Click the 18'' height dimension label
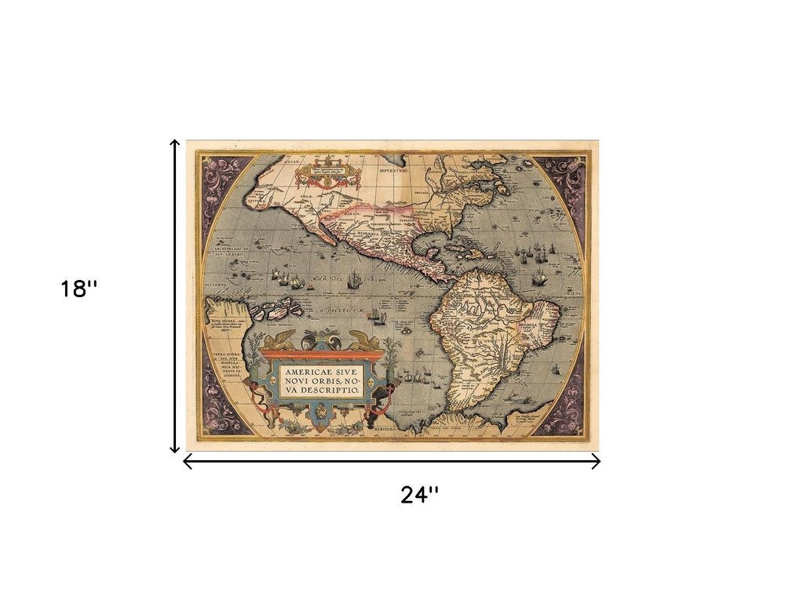79,289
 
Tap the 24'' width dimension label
419,495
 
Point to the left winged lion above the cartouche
279,340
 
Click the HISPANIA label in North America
368,234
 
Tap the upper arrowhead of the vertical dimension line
175,143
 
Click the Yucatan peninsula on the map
429,255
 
